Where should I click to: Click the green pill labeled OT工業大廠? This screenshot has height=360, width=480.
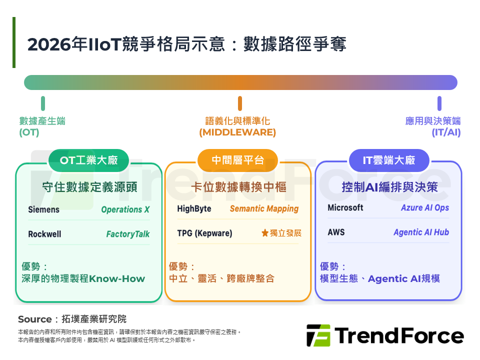pyautogui.click(x=88, y=160)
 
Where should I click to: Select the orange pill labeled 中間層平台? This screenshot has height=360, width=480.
pyautogui.click(x=237, y=160)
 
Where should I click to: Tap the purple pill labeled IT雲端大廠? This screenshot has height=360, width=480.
pyautogui.click(x=388, y=160)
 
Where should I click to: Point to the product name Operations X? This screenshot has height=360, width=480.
pyautogui.click(x=125, y=209)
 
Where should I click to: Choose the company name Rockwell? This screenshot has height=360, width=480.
pyautogui.click(x=44, y=234)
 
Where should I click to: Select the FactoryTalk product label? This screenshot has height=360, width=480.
pyautogui.click(x=127, y=234)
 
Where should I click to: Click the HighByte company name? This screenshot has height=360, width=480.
pyautogui.click(x=194, y=208)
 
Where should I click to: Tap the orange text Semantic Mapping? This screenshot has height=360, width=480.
pyautogui.click(x=264, y=208)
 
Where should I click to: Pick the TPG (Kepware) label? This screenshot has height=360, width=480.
pyautogui.click(x=204, y=233)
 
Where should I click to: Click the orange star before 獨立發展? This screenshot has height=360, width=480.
pyautogui.click(x=265, y=233)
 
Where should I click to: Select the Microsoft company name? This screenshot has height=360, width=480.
pyautogui.click(x=345, y=207)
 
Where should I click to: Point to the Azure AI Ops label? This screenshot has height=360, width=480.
pyautogui.click(x=424, y=207)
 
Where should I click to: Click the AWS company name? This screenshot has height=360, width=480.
pyautogui.click(x=336, y=232)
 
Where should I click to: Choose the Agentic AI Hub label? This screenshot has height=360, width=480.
pyautogui.click(x=421, y=232)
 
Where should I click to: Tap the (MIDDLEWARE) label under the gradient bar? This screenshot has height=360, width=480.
pyautogui.click(x=237, y=132)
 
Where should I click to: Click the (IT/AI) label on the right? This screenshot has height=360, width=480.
pyautogui.click(x=446, y=132)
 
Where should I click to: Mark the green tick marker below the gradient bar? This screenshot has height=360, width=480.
pyautogui.click(x=43, y=103)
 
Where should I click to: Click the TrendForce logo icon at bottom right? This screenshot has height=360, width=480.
pyautogui.click(x=318, y=335)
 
